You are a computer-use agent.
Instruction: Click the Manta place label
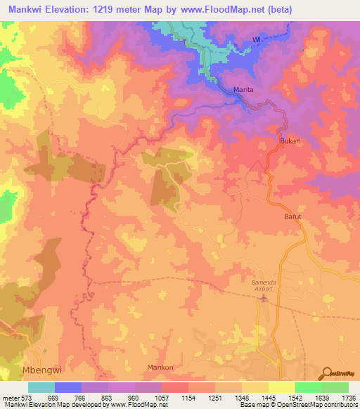point(244,90)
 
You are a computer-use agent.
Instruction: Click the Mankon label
point(160,368)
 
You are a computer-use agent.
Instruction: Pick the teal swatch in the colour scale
point(41,387)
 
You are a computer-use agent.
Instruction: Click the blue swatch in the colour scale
point(68,387)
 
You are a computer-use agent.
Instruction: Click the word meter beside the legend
point(11,398)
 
